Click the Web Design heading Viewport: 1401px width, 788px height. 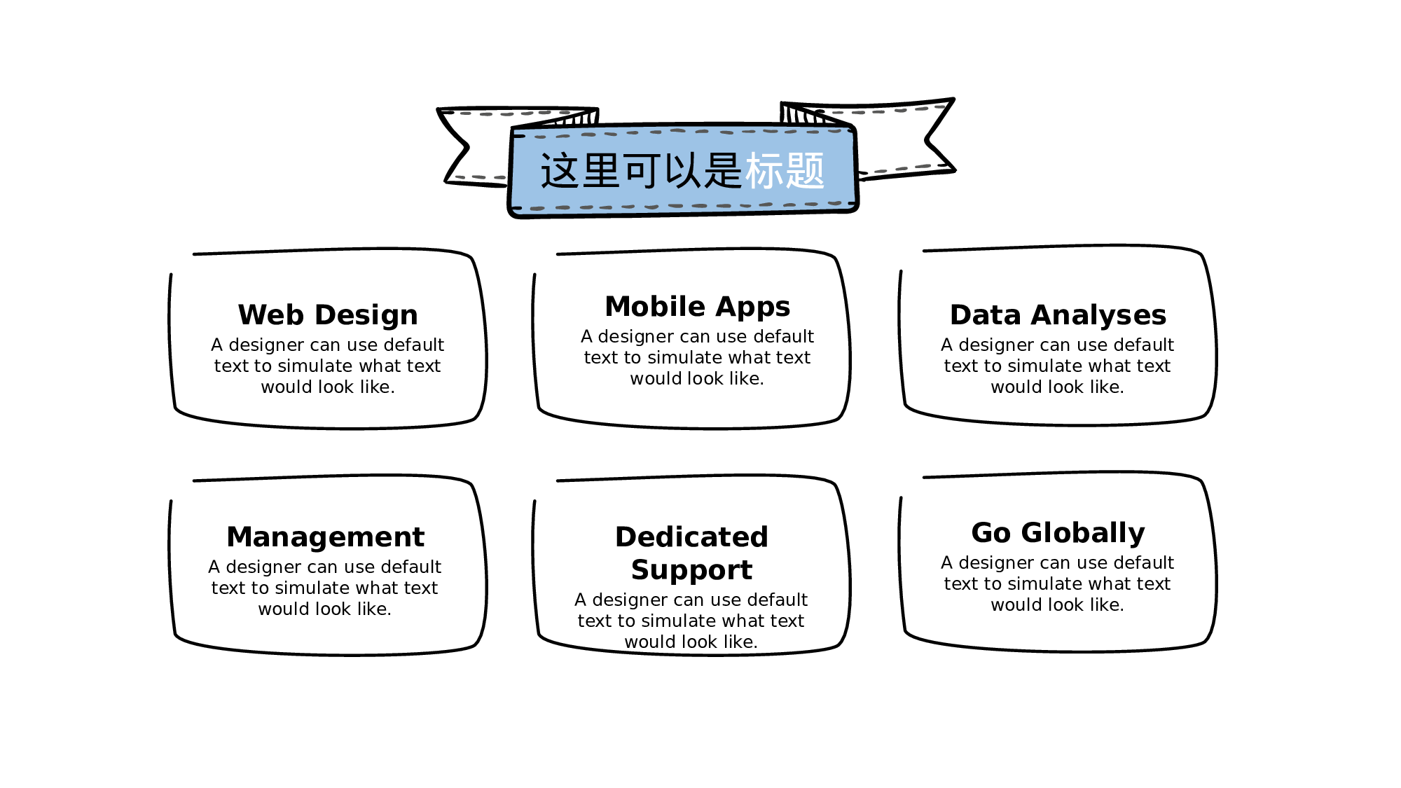pyautogui.click(x=328, y=316)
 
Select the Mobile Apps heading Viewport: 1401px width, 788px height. pyautogui.click(x=698, y=307)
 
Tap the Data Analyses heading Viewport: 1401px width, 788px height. pyautogui.click(x=1058, y=316)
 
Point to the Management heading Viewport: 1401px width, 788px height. pyautogui.click(x=326, y=538)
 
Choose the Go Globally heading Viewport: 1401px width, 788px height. pyautogui.click(x=1058, y=534)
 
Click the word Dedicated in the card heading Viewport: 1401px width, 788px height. pyautogui.click(x=691, y=537)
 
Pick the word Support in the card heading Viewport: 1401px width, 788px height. pyautogui.click(x=691, y=571)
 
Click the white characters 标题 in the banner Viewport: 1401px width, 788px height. pyautogui.click(x=785, y=171)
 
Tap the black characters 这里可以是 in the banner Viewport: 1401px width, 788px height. pyautogui.click(x=640, y=171)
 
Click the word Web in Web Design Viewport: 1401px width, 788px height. pyautogui.click(x=270, y=315)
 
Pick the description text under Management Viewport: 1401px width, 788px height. pyautogui.click(x=325, y=588)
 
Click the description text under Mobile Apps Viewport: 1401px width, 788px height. pyautogui.click(x=698, y=357)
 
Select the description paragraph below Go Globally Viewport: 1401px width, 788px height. pyautogui.click(x=1058, y=583)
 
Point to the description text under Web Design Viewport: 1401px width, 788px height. pyautogui.click(x=328, y=366)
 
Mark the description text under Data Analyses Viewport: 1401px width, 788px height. pyautogui.click(x=1058, y=366)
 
